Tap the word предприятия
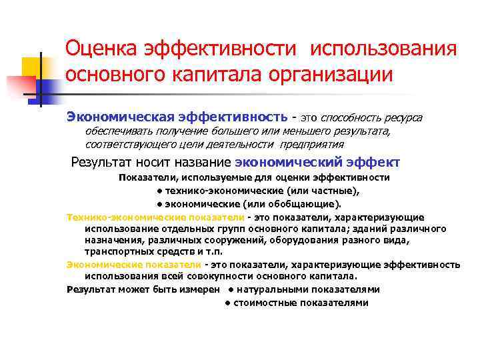tap(313, 144)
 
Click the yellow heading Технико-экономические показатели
tap(155, 217)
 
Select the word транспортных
tap(115, 251)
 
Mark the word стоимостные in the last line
tap(262, 302)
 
